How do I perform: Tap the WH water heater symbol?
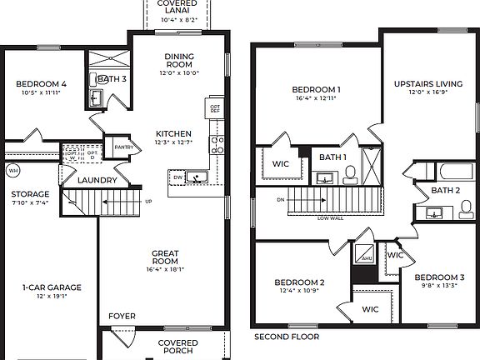click(12, 171)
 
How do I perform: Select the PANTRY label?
click(124, 147)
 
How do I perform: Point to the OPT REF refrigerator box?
click(214, 109)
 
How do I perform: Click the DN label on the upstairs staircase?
click(281, 200)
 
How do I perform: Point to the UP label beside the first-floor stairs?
click(149, 202)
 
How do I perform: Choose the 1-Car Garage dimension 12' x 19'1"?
click(52, 297)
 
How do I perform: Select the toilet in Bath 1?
click(349, 174)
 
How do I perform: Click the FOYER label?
click(122, 316)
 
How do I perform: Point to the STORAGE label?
click(28, 193)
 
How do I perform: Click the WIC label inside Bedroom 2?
click(370, 308)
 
